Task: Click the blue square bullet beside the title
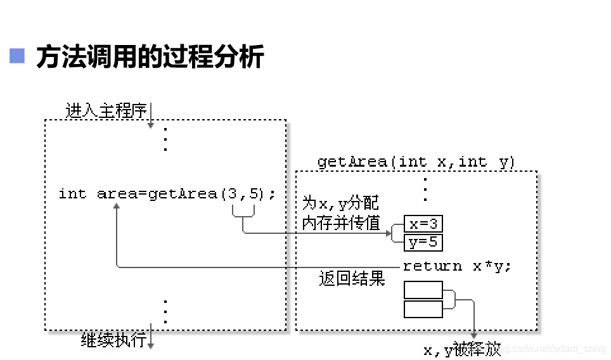point(17,56)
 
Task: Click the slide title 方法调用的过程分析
point(150,57)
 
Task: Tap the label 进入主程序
point(106,111)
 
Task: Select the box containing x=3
point(423,224)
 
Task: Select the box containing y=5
point(423,242)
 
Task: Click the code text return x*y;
point(457,266)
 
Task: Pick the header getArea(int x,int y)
point(416,162)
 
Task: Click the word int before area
point(72,194)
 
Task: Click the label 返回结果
point(352,279)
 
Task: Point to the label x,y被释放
point(462,349)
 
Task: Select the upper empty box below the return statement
point(423,290)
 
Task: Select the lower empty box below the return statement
point(423,309)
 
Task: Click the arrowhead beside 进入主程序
point(151,124)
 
